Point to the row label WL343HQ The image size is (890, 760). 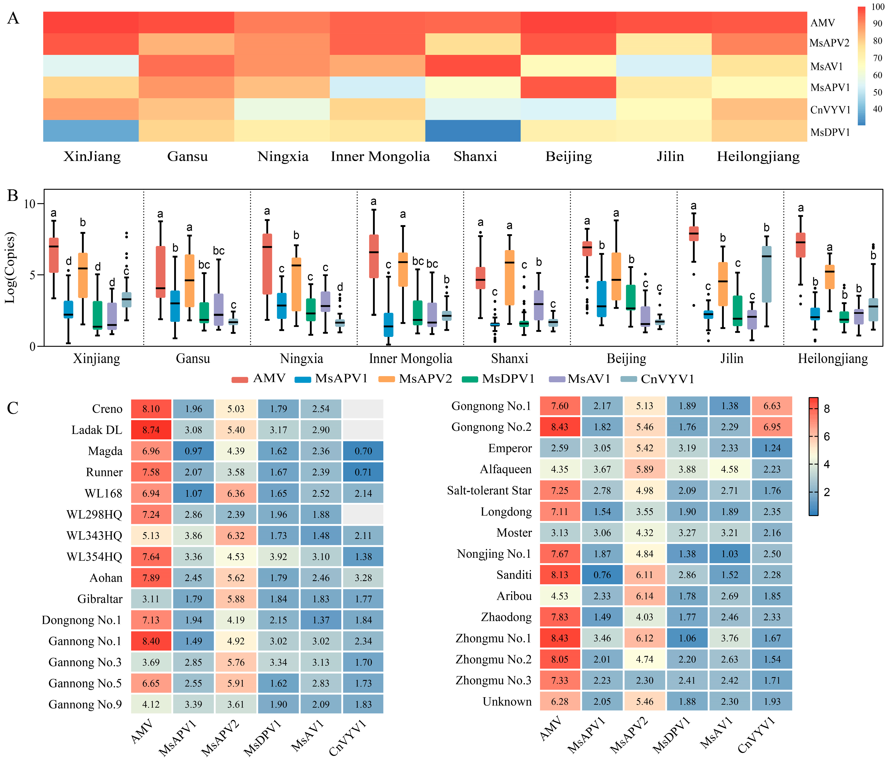(x=94, y=535)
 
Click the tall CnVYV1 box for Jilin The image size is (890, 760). (x=766, y=274)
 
